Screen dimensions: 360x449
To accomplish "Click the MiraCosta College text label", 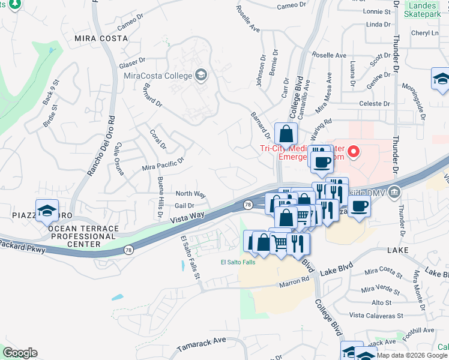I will click(x=157, y=76).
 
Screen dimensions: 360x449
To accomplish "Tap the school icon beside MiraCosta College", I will click(x=201, y=76).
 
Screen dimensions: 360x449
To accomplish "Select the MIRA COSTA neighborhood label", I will click(x=101, y=38).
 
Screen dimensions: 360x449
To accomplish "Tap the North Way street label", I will click(x=190, y=194).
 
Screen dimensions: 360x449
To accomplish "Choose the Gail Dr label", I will click(x=184, y=205).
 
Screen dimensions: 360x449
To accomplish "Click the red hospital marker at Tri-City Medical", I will click(x=354, y=152).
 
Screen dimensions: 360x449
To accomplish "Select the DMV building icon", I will click(x=394, y=192).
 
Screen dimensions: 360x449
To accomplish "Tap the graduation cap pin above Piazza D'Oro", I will click(x=47, y=211).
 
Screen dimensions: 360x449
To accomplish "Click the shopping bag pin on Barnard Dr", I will click(x=286, y=133).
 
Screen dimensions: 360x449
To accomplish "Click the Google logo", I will click(x=20, y=353).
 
